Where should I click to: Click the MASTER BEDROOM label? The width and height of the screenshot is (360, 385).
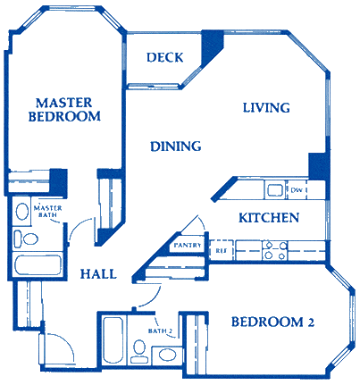coord(63,109)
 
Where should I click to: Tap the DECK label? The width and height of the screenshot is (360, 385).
coord(165,58)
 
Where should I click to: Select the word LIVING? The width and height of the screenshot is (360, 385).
coord(267,108)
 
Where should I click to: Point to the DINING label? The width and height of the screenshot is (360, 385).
coord(175,146)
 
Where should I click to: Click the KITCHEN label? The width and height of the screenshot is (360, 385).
coord(268,218)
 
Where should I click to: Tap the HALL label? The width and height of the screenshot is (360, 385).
coord(97,274)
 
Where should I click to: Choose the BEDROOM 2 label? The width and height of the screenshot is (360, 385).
coord(273,322)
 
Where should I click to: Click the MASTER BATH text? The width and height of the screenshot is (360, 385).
coord(46,212)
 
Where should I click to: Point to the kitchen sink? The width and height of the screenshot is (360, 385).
coord(272,188)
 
